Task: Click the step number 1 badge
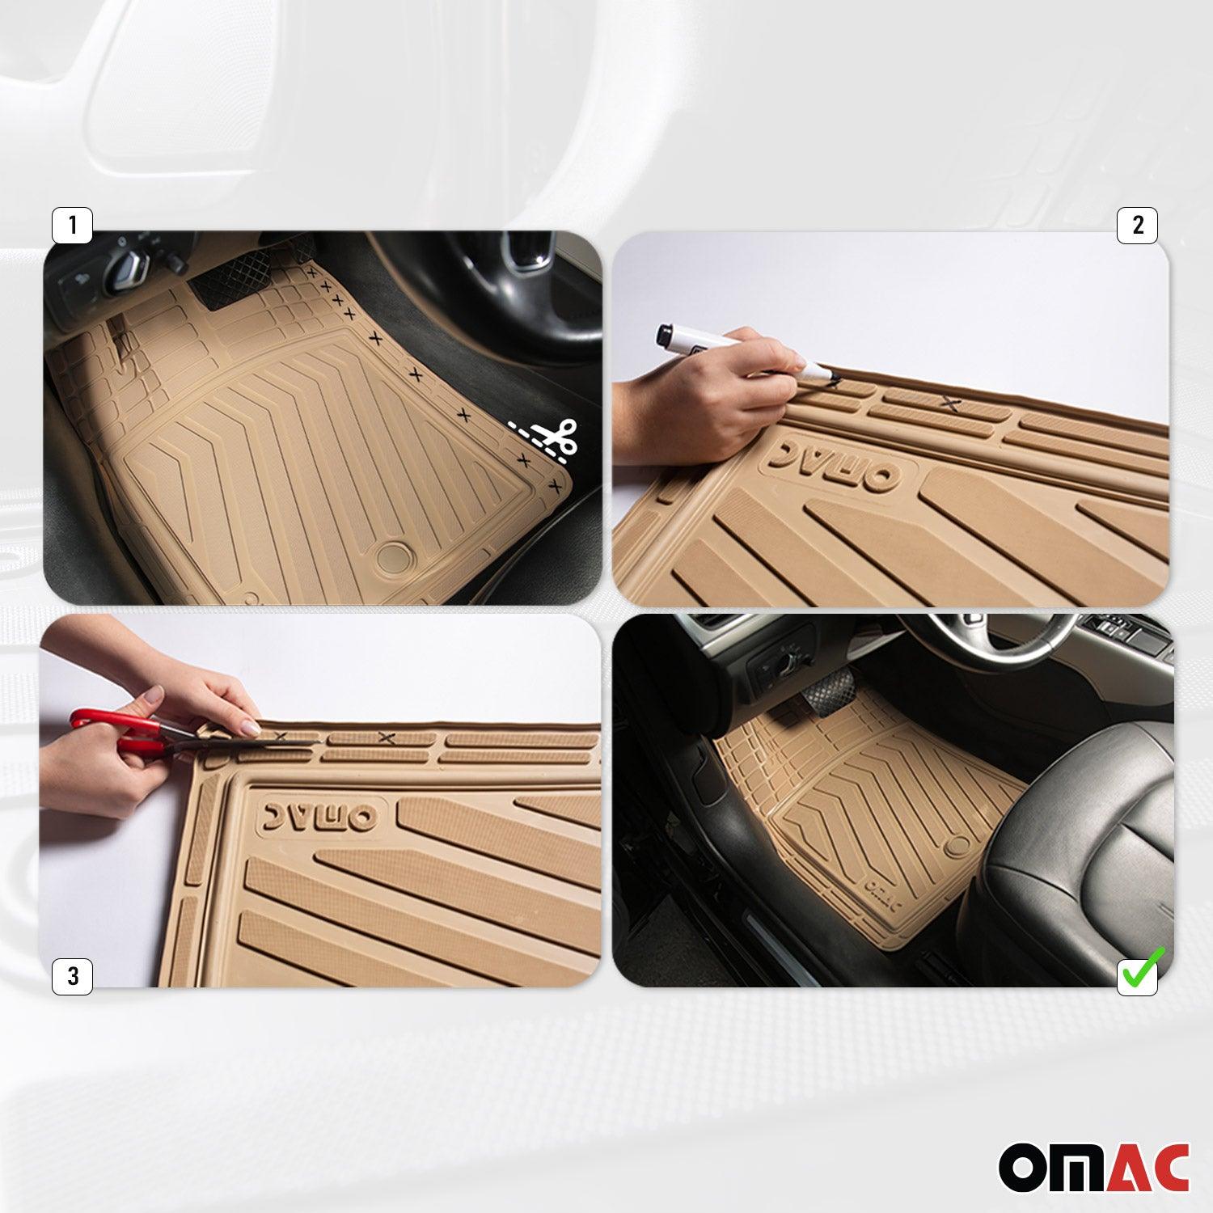tap(72, 226)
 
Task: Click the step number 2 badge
tap(1137, 226)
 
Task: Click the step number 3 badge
tap(72, 976)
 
